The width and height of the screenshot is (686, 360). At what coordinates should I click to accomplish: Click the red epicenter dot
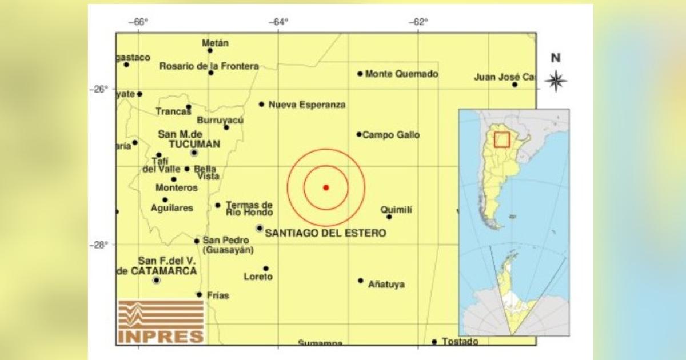click(326, 187)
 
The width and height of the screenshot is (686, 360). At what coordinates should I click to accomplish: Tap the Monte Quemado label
click(401, 74)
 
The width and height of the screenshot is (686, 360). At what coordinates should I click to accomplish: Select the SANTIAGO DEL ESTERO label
click(326, 233)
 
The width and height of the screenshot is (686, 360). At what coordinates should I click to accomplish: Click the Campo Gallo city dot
click(359, 134)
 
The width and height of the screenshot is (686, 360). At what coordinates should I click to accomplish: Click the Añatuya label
click(386, 284)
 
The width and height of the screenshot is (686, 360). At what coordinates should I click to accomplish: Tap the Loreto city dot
click(266, 268)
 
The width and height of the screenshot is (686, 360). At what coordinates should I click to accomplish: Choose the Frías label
click(218, 295)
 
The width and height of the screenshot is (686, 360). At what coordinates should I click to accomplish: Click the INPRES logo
click(161, 322)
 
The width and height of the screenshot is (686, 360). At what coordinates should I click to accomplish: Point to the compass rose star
click(556, 81)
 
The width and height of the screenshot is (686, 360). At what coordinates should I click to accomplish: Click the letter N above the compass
click(556, 58)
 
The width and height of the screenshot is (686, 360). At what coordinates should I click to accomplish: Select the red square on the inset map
click(502, 139)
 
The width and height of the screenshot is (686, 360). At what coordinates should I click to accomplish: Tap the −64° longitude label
click(278, 22)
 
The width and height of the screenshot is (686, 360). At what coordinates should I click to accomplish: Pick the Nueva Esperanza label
click(307, 105)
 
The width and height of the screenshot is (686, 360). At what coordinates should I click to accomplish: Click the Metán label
click(216, 43)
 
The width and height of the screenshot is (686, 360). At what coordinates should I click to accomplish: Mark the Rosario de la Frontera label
click(209, 66)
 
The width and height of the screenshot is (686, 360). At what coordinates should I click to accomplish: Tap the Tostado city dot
click(434, 342)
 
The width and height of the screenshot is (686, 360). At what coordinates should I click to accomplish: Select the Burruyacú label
click(220, 120)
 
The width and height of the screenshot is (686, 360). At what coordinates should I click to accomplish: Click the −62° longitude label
click(418, 22)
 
